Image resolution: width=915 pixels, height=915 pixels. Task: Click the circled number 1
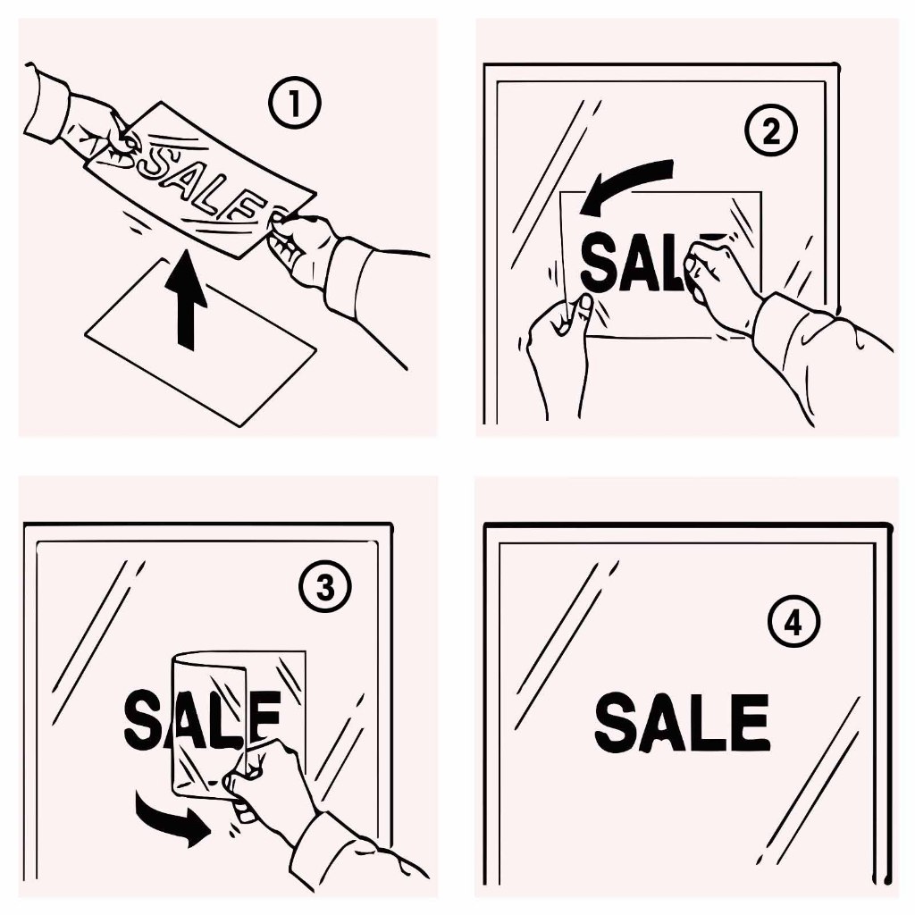pyautogui.click(x=295, y=104)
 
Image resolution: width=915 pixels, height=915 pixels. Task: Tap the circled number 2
pyautogui.click(x=771, y=130)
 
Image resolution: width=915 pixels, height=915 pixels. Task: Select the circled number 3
pyautogui.click(x=325, y=587)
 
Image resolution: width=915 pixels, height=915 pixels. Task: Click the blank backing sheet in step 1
pyautogui.click(x=200, y=342)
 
